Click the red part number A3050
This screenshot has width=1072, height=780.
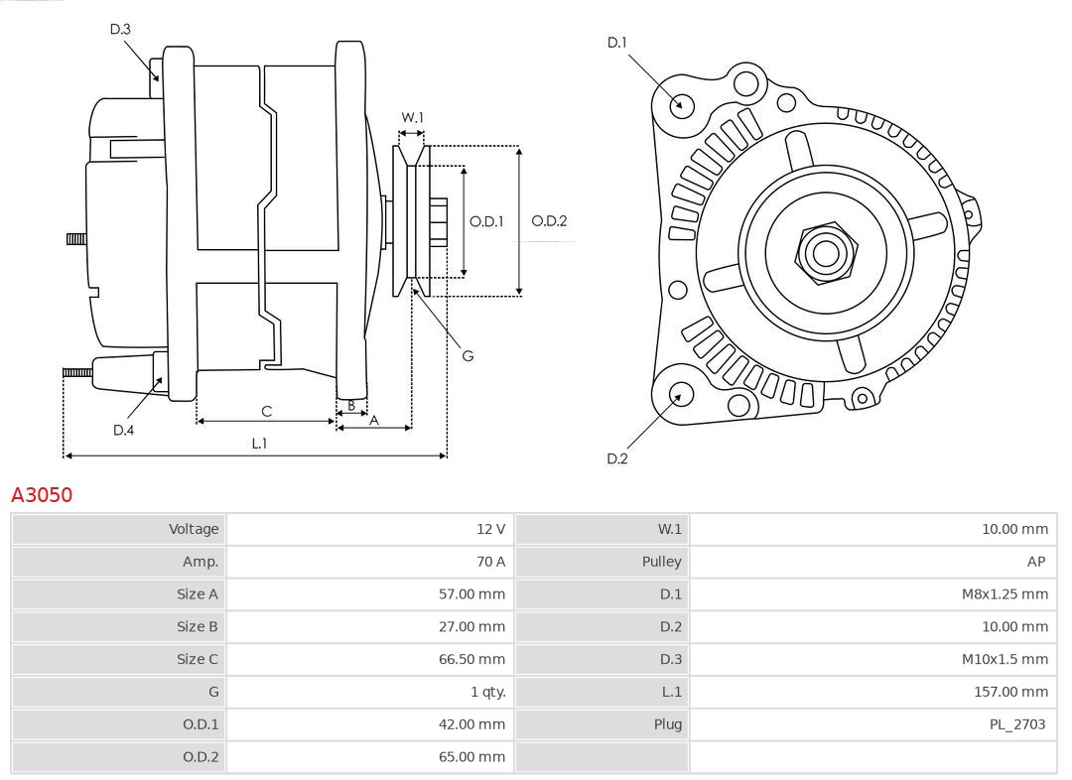[42, 494]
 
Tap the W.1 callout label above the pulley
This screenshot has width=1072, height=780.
[412, 117]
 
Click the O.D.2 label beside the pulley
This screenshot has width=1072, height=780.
[549, 221]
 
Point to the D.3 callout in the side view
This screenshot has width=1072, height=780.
[120, 29]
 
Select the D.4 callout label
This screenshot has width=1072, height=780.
[123, 430]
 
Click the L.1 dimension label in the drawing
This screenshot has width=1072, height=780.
[259, 444]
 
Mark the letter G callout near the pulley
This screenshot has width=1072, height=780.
[468, 355]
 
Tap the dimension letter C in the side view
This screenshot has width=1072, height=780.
[266, 411]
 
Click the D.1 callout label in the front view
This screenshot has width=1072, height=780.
[617, 42]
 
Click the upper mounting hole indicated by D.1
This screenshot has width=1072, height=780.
[682, 104]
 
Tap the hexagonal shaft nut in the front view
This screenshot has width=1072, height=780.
[825, 252]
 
